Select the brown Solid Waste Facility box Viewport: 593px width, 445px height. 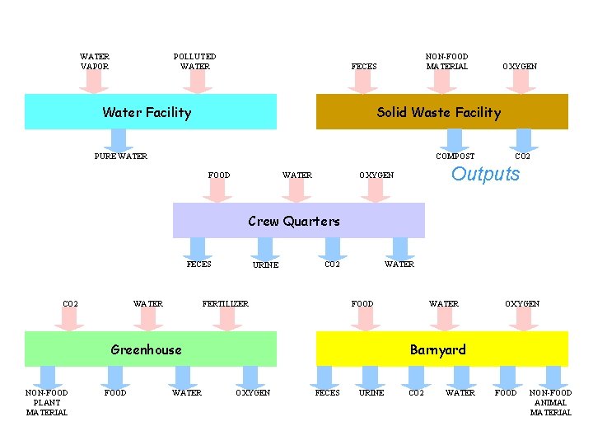441,112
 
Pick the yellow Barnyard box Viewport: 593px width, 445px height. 441,349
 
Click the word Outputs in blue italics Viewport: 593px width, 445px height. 486,174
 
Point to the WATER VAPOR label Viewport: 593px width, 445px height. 95,62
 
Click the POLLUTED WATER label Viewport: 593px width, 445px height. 195,62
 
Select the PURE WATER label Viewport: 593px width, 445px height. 121,156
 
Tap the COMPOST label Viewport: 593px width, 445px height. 455,156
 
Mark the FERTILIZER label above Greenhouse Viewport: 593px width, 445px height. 226,304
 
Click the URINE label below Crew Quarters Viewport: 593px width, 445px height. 265,265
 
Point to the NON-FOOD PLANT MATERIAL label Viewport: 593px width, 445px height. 47,402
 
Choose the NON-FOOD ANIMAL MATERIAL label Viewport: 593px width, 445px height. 550,402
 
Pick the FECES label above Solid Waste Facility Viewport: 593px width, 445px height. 364,67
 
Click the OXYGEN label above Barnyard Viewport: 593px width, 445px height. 522,304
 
